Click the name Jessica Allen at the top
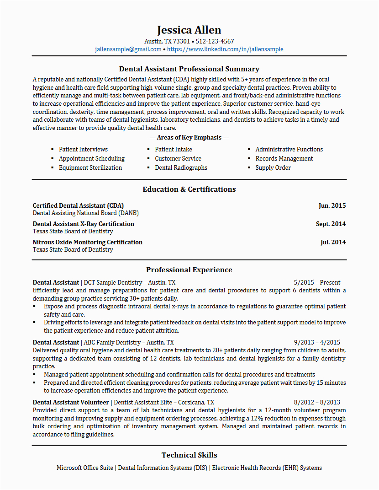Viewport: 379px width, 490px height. click(189, 30)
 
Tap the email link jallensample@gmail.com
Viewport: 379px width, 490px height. click(128, 49)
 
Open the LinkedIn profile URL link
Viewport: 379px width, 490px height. click(225, 49)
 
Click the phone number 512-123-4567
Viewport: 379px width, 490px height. click(215, 41)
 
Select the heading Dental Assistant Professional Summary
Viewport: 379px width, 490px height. click(189, 69)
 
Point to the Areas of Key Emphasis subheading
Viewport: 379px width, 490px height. click(189, 137)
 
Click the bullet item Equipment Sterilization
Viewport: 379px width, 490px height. click(90, 167)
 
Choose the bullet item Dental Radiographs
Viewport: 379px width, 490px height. click(181, 167)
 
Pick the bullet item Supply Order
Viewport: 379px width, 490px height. click(273, 167)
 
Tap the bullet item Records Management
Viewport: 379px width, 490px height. click(284, 158)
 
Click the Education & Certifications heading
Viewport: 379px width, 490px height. click(189, 189)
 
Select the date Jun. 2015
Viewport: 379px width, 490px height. click(332, 205)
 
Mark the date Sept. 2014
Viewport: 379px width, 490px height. click(331, 224)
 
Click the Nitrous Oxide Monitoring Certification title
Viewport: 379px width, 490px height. click(88, 242)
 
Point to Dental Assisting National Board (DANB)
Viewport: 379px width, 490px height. click(86, 213)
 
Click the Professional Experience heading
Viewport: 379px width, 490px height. click(189, 269)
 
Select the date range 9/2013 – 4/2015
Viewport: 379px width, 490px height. click(317, 342)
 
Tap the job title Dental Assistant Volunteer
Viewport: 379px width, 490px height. click(71, 402)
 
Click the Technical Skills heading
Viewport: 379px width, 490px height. click(189, 455)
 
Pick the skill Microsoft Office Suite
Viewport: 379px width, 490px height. click(85, 468)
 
